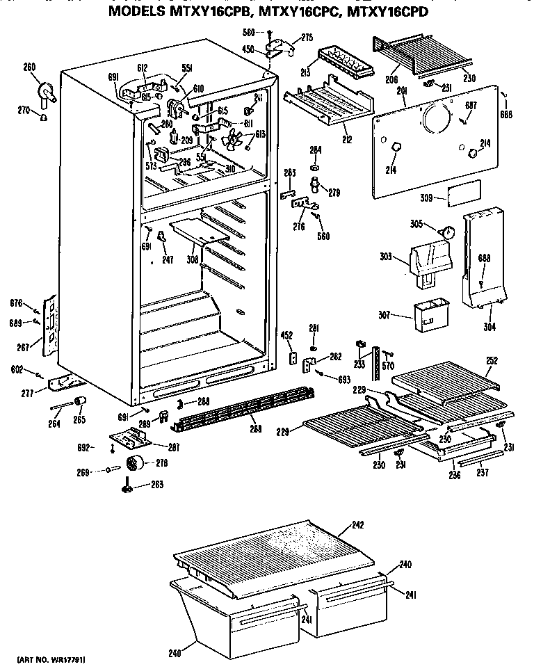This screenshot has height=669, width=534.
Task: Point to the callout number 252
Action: click(x=492, y=361)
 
